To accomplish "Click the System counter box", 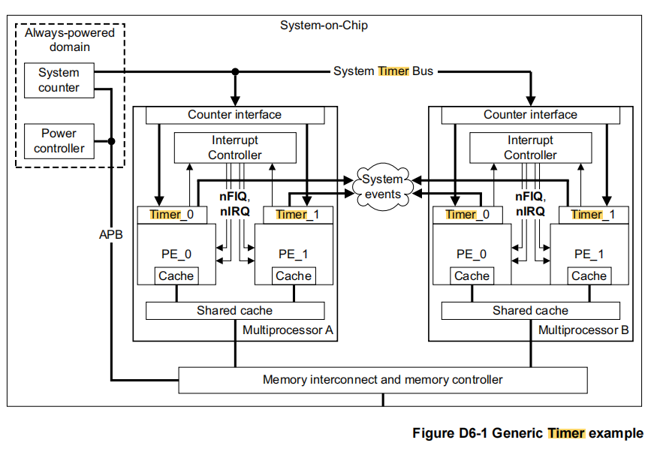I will click(x=59, y=80).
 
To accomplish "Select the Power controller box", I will click(x=59, y=140).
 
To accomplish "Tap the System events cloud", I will click(x=382, y=186).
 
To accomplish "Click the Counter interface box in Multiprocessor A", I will click(x=234, y=115).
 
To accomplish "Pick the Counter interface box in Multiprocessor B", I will click(x=530, y=115).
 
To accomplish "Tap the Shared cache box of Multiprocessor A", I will click(x=234, y=310).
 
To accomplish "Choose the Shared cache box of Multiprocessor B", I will click(x=530, y=310).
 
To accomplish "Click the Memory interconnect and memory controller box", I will click(x=382, y=379).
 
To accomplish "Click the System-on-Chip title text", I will click(x=324, y=26).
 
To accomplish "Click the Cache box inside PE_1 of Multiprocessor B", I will click(x=589, y=276).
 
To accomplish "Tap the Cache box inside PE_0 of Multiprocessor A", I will click(x=176, y=276).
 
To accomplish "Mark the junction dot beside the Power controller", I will click(x=111, y=140).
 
